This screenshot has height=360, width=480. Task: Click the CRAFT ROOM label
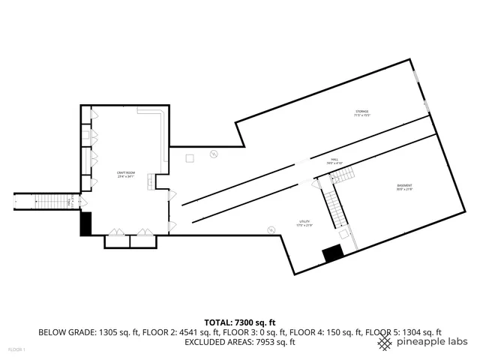(x=125, y=174)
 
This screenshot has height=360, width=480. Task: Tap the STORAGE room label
(x=362, y=114)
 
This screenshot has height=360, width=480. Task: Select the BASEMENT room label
(x=404, y=187)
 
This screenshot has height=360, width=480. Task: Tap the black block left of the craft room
(x=85, y=224)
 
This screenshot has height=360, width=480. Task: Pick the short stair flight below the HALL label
(x=343, y=175)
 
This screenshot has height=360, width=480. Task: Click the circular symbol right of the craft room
(x=213, y=154)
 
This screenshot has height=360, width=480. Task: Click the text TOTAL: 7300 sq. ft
(x=239, y=321)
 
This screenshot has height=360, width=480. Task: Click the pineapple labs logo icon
(x=385, y=342)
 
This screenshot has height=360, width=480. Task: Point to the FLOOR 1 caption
(x=16, y=349)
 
